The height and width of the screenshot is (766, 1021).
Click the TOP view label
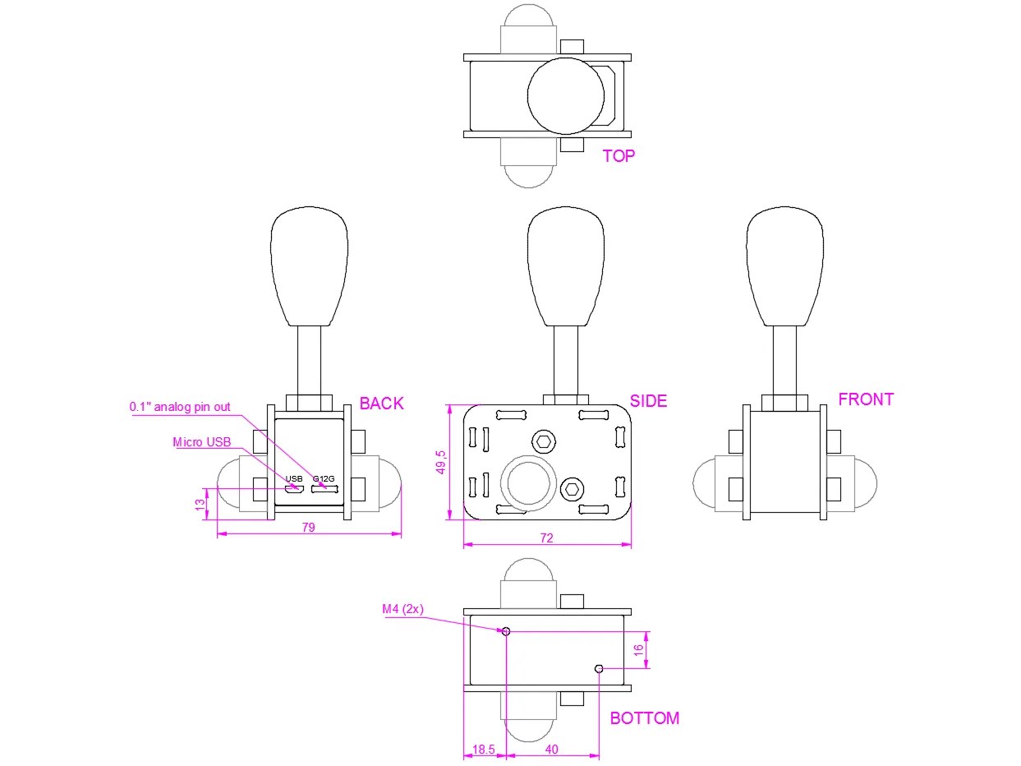tap(619, 155)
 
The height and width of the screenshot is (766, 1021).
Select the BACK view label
tap(382, 403)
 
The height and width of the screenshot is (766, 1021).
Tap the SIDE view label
tap(648, 401)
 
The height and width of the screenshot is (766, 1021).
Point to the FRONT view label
tap(866, 399)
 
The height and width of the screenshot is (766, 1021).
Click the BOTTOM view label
tap(644, 718)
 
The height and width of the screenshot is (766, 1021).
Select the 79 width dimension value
tap(308, 528)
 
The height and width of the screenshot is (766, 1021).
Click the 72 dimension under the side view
tap(546, 538)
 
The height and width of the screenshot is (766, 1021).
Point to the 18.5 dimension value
tap(485, 750)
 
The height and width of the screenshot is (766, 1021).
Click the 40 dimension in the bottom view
tap(552, 750)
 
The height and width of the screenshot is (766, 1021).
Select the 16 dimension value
tap(638, 650)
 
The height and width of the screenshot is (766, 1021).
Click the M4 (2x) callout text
tap(402, 609)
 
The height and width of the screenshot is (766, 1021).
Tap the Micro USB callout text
tap(202, 442)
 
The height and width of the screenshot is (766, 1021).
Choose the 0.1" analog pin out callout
tap(180, 406)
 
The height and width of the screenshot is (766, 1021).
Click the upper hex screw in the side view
tap(543, 441)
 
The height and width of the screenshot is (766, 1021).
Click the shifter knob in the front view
tap(784, 267)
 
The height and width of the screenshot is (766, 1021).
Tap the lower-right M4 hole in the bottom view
tap(599, 669)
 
